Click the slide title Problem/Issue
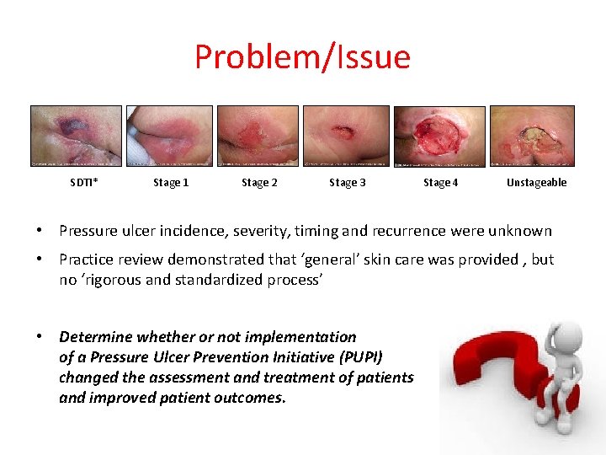[x=302, y=57]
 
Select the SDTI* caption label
[x=83, y=183]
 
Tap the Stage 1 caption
[x=171, y=183]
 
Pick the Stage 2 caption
[x=259, y=183]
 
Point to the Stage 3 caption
[x=347, y=183]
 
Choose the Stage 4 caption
[x=440, y=183]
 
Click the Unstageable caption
[x=536, y=183]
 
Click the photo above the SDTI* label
[x=76, y=136]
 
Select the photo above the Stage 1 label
[x=169, y=136]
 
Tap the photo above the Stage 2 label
[x=258, y=136]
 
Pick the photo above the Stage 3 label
[x=346, y=136]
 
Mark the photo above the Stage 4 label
[x=439, y=136]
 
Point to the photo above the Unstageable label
[x=532, y=136]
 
